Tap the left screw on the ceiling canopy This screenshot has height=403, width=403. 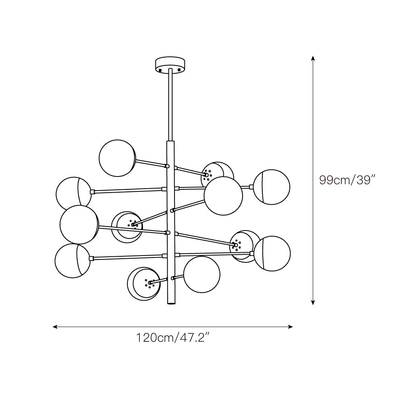[160, 69]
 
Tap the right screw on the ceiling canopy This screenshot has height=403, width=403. [180, 69]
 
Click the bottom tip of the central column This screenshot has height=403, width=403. [170, 303]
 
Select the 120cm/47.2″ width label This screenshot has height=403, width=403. [174, 338]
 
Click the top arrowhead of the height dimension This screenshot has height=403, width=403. [313, 58]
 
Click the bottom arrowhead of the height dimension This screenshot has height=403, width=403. [313, 303]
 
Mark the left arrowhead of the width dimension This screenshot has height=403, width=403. [55, 327]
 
